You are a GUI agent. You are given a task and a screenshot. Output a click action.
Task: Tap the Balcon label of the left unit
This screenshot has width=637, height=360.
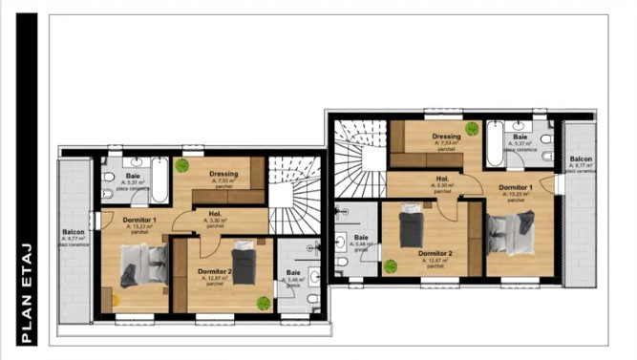click(x=74, y=232)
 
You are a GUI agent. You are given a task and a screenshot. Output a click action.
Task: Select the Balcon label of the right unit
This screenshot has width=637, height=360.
click(x=581, y=159)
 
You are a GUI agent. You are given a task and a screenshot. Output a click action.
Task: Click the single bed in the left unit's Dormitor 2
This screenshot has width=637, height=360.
click(x=244, y=265)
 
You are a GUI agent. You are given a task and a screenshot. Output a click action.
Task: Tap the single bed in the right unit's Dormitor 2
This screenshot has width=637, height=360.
click(x=411, y=227)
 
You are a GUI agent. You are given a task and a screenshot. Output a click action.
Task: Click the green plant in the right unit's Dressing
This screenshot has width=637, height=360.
click(x=469, y=127)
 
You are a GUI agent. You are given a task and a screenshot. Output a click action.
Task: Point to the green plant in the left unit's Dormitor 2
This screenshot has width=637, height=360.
click(x=262, y=303)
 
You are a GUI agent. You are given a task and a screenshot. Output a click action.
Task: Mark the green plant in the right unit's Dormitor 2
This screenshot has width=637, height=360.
click(x=390, y=265)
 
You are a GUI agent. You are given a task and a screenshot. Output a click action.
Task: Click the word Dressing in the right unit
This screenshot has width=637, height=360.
click(x=446, y=137)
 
